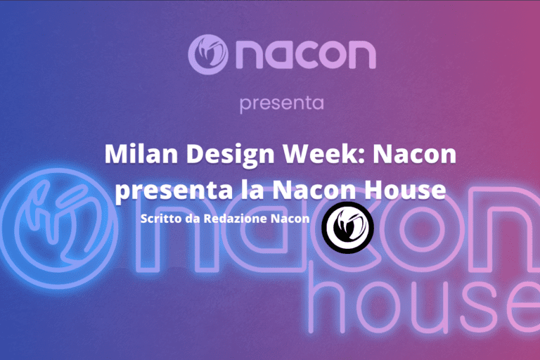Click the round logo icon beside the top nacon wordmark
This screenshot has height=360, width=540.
pos(208,54)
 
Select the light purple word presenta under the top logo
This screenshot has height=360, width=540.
pos(282,103)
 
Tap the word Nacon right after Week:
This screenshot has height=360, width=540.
pos(415,154)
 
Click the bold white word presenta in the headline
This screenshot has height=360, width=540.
pos(174,191)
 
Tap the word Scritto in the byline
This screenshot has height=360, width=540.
pos(161,219)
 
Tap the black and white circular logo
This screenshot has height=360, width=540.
pos(347,228)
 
